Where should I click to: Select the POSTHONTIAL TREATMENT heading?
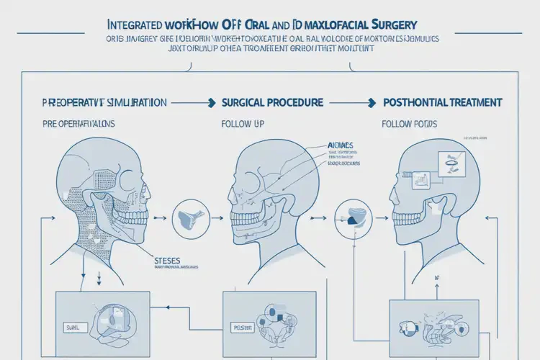[x=441, y=102]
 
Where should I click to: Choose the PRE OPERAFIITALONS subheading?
[x=69, y=124]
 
